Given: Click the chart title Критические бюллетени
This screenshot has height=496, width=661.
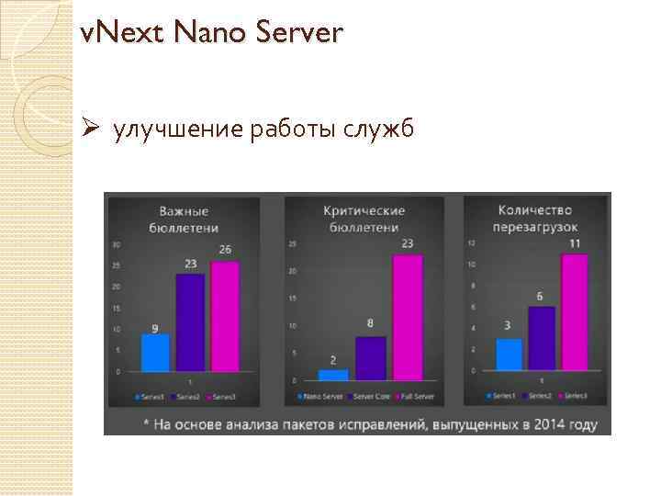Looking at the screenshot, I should coord(364,219).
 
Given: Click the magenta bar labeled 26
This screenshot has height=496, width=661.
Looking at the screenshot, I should coord(225,316).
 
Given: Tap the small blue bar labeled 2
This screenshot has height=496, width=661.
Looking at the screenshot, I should coord(332,375).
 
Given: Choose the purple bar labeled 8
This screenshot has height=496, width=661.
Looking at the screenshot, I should coord(370,358).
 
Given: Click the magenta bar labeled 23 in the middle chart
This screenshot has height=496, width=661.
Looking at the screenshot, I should coord(408,317).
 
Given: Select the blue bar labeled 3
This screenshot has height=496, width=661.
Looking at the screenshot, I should coord(509,355).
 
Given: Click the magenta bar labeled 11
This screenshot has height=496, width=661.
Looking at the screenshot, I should coord(574,312).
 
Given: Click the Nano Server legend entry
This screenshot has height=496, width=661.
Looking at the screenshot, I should coord(318,397).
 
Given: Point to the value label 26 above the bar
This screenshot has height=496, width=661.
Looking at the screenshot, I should coord(225,250).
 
